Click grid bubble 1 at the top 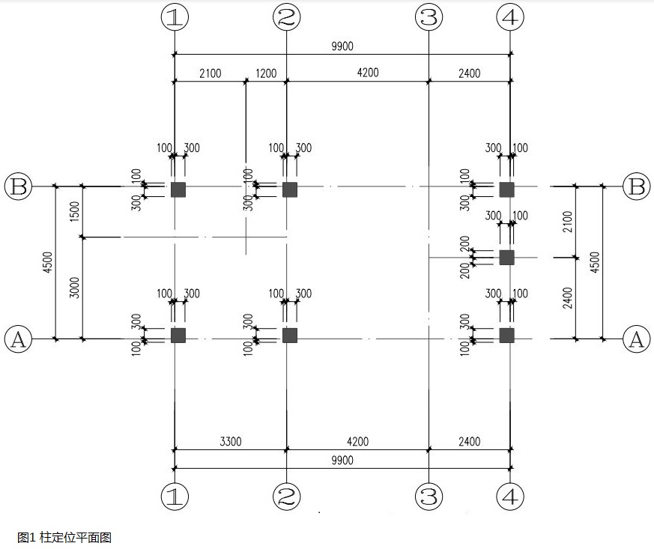coord(175,17)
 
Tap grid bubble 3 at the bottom coord(429,496)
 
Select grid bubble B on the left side coord(18,186)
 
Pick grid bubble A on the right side coord(637,339)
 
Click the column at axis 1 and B coord(178,189)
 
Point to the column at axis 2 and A coord(290,336)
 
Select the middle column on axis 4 coord(506,258)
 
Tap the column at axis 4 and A coord(506,336)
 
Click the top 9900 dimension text coord(342,46)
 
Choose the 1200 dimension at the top coord(266,73)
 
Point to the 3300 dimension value coord(231,441)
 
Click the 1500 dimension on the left coord(75,211)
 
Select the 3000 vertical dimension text coord(75,288)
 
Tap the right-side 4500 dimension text coord(595,262)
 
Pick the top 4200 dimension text coord(368,73)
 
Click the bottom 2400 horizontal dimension coord(470,441)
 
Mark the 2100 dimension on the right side coord(568,222)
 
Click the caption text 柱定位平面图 coord(76,537)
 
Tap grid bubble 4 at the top coord(510,17)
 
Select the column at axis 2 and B coord(290,189)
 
